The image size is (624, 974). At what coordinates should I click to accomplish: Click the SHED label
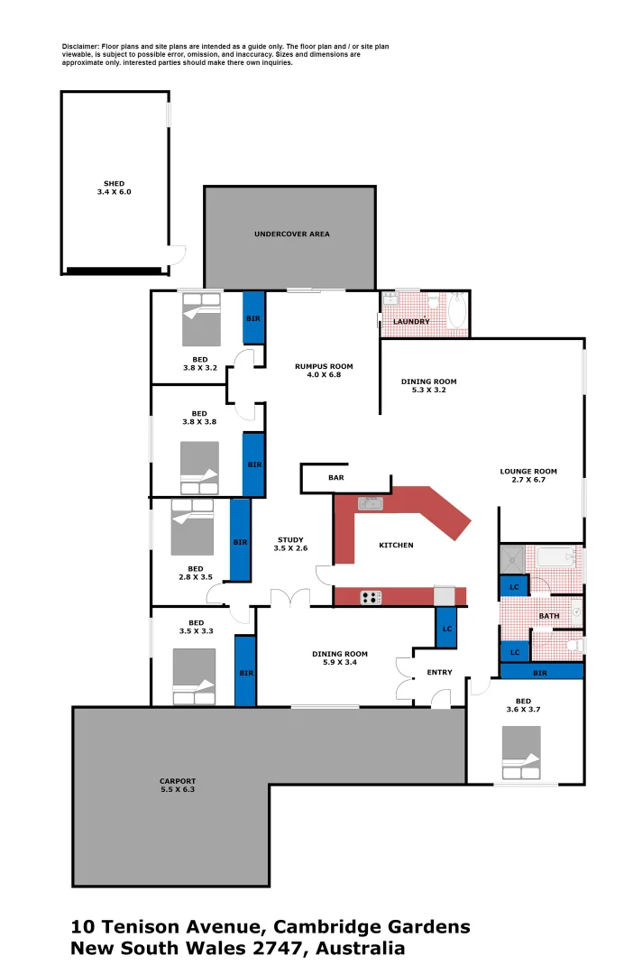(114, 184)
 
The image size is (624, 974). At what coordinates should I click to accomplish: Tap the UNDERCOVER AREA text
(291, 234)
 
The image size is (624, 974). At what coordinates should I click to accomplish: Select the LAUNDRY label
(411, 322)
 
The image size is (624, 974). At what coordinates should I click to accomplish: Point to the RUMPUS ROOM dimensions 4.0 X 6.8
(324, 375)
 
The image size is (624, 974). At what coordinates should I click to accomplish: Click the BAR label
(335, 478)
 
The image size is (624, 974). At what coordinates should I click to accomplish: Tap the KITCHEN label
(396, 546)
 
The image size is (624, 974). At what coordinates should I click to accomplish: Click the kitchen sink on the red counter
(371, 503)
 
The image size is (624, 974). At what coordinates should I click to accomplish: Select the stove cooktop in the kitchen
(371, 596)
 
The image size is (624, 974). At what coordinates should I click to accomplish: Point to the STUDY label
(290, 540)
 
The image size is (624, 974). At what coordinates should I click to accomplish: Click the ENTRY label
(439, 672)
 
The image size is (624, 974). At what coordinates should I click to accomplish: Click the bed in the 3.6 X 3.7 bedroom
(521, 753)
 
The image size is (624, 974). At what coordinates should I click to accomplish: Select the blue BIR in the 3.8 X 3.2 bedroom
(253, 318)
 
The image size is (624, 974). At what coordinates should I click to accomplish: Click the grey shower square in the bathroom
(512, 559)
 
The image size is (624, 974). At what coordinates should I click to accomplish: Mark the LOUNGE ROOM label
(528, 472)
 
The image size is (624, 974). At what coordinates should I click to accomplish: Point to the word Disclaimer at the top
(80, 45)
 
